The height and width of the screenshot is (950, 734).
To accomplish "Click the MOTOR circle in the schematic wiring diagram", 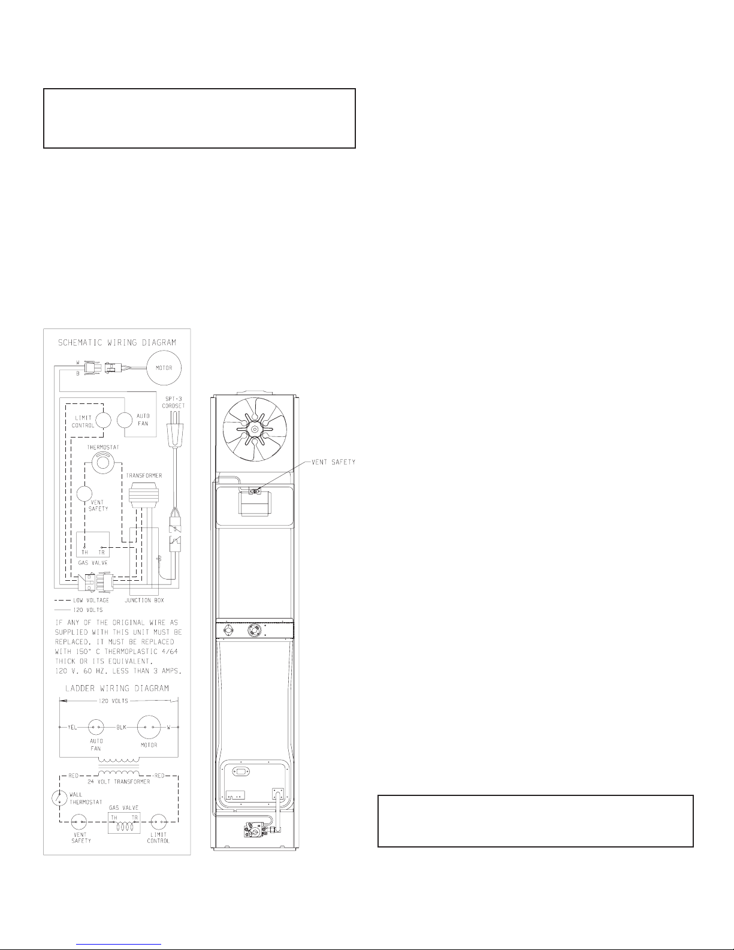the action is (164, 367).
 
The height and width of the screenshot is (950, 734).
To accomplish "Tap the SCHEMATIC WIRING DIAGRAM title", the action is (117, 342).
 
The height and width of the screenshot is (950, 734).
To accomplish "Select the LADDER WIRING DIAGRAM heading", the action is (117, 688).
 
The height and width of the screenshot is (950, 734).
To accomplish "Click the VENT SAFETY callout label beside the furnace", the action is (333, 462).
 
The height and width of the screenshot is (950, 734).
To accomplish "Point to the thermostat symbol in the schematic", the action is (102, 463).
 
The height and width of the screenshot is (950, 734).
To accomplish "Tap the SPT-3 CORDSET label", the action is (173, 402).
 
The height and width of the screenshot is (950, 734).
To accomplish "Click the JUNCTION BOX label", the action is (144, 600).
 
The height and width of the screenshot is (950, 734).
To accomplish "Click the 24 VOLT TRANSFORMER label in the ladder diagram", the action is (119, 781).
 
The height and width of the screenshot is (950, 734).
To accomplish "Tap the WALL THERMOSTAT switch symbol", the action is (58, 798).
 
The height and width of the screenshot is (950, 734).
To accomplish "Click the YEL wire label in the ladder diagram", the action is (72, 727).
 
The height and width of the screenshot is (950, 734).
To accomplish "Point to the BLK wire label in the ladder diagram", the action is (121, 727).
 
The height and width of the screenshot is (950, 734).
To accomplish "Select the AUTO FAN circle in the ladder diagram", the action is (96, 727).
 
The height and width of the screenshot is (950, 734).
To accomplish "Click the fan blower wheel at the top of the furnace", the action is (255, 429).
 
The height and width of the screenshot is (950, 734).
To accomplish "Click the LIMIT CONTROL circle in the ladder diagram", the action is (159, 822).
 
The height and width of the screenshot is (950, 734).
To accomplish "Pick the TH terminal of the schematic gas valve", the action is (84, 547).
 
